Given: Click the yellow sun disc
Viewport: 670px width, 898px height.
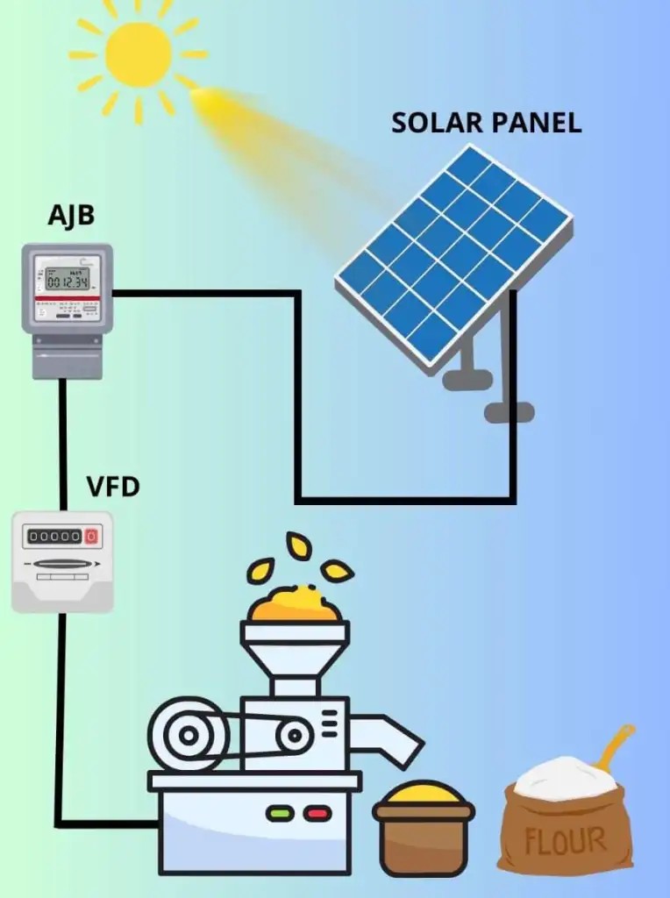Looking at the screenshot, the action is [139, 54].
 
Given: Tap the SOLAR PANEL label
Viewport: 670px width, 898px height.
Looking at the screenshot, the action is [486, 123].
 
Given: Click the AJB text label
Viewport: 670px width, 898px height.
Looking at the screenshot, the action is [71, 217].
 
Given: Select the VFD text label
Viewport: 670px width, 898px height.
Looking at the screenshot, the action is [113, 487].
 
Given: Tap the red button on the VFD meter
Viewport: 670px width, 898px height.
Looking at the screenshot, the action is [91, 536].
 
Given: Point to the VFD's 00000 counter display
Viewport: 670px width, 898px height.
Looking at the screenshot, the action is [55, 536].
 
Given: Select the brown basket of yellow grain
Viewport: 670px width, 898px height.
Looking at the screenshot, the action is [424, 828].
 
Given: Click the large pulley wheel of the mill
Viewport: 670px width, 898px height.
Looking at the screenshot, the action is [188, 735].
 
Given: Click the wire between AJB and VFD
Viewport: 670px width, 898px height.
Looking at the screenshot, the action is [63, 445].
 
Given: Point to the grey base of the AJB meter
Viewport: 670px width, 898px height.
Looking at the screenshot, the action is [68, 356].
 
